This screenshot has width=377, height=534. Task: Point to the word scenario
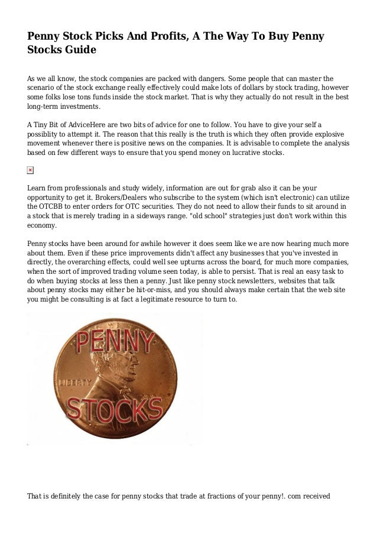(43, 88)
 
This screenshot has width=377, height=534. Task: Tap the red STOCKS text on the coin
(116, 409)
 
